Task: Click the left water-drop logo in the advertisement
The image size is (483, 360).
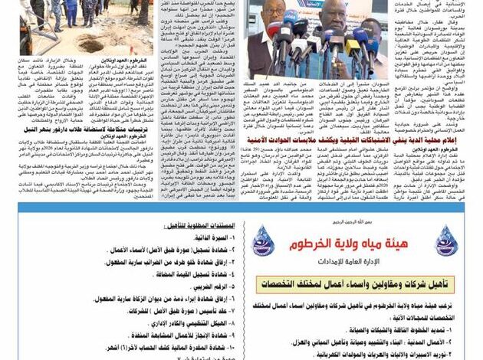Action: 263,241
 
